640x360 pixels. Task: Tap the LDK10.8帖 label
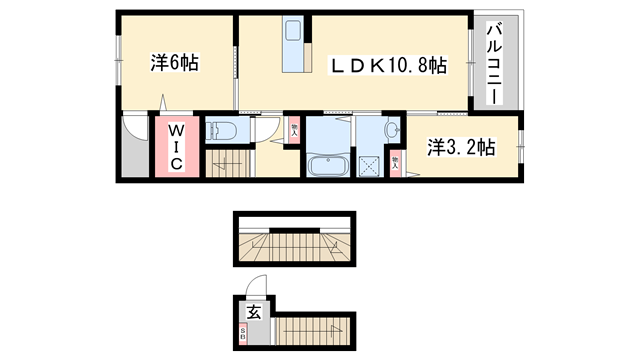pos(389,65)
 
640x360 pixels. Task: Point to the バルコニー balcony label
pos(493,65)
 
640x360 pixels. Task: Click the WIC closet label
pos(174,147)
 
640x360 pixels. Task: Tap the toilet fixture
pos(219,130)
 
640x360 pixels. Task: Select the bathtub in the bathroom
pos(327,165)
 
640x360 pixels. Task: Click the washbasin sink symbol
pos(391,130)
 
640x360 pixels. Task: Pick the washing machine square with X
pos(368,166)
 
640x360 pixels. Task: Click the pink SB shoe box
pos(243,338)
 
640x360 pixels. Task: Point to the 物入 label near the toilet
pos(294,129)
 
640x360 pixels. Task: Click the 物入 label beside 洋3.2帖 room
pos(397,161)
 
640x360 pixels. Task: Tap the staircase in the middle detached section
pos(295,243)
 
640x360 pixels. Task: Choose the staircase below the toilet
pos(227,164)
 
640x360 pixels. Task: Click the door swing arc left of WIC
pos(134,130)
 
